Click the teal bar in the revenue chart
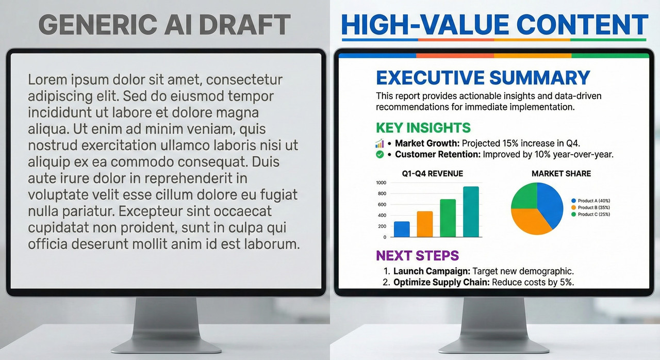tap(471, 212)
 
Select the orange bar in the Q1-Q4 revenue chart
tap(425, 224)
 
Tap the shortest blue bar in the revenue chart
tap(402, 229)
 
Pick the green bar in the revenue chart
tap(448, 218)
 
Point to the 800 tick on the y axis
tap(382, 193)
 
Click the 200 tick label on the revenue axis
tap(382, 226)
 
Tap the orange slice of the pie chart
tap(531, 220)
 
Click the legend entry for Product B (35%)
tap(590, 207)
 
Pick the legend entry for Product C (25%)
tap(590, 214)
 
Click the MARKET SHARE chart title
tap(562, 173)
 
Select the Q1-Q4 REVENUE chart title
tap(433, 173)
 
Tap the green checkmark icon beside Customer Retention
tap(380, 154)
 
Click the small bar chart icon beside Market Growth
tap(379, 143)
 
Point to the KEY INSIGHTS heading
tap(423, 127)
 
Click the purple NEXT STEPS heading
tap(418, 255)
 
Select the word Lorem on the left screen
tap(46, 79)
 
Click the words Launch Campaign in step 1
tap(432, 271)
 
